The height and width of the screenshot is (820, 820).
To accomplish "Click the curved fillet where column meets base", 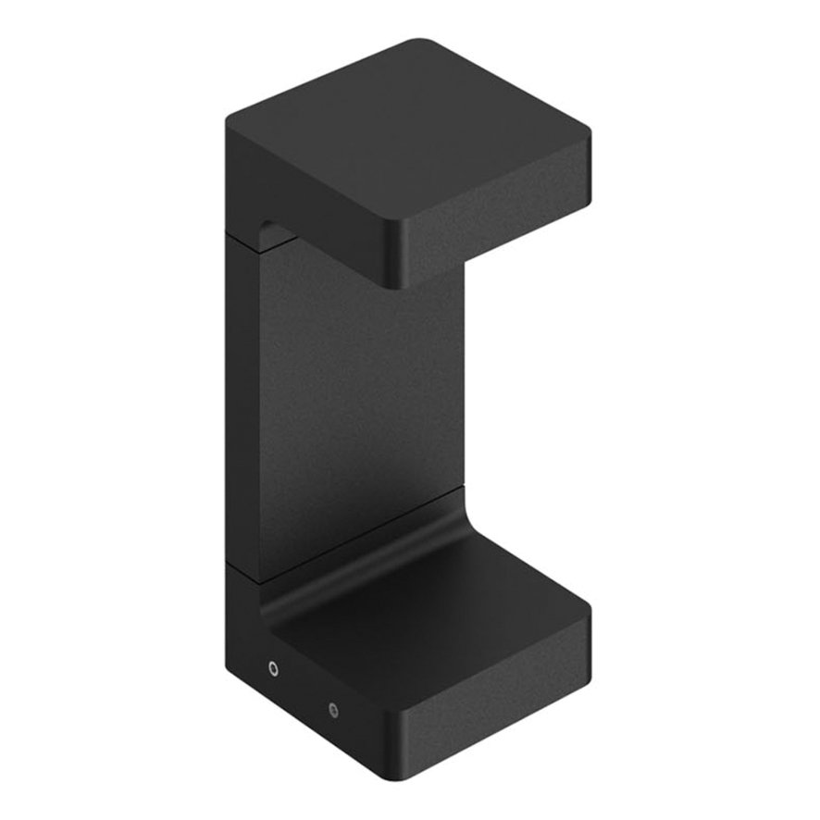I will click(370, 565).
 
